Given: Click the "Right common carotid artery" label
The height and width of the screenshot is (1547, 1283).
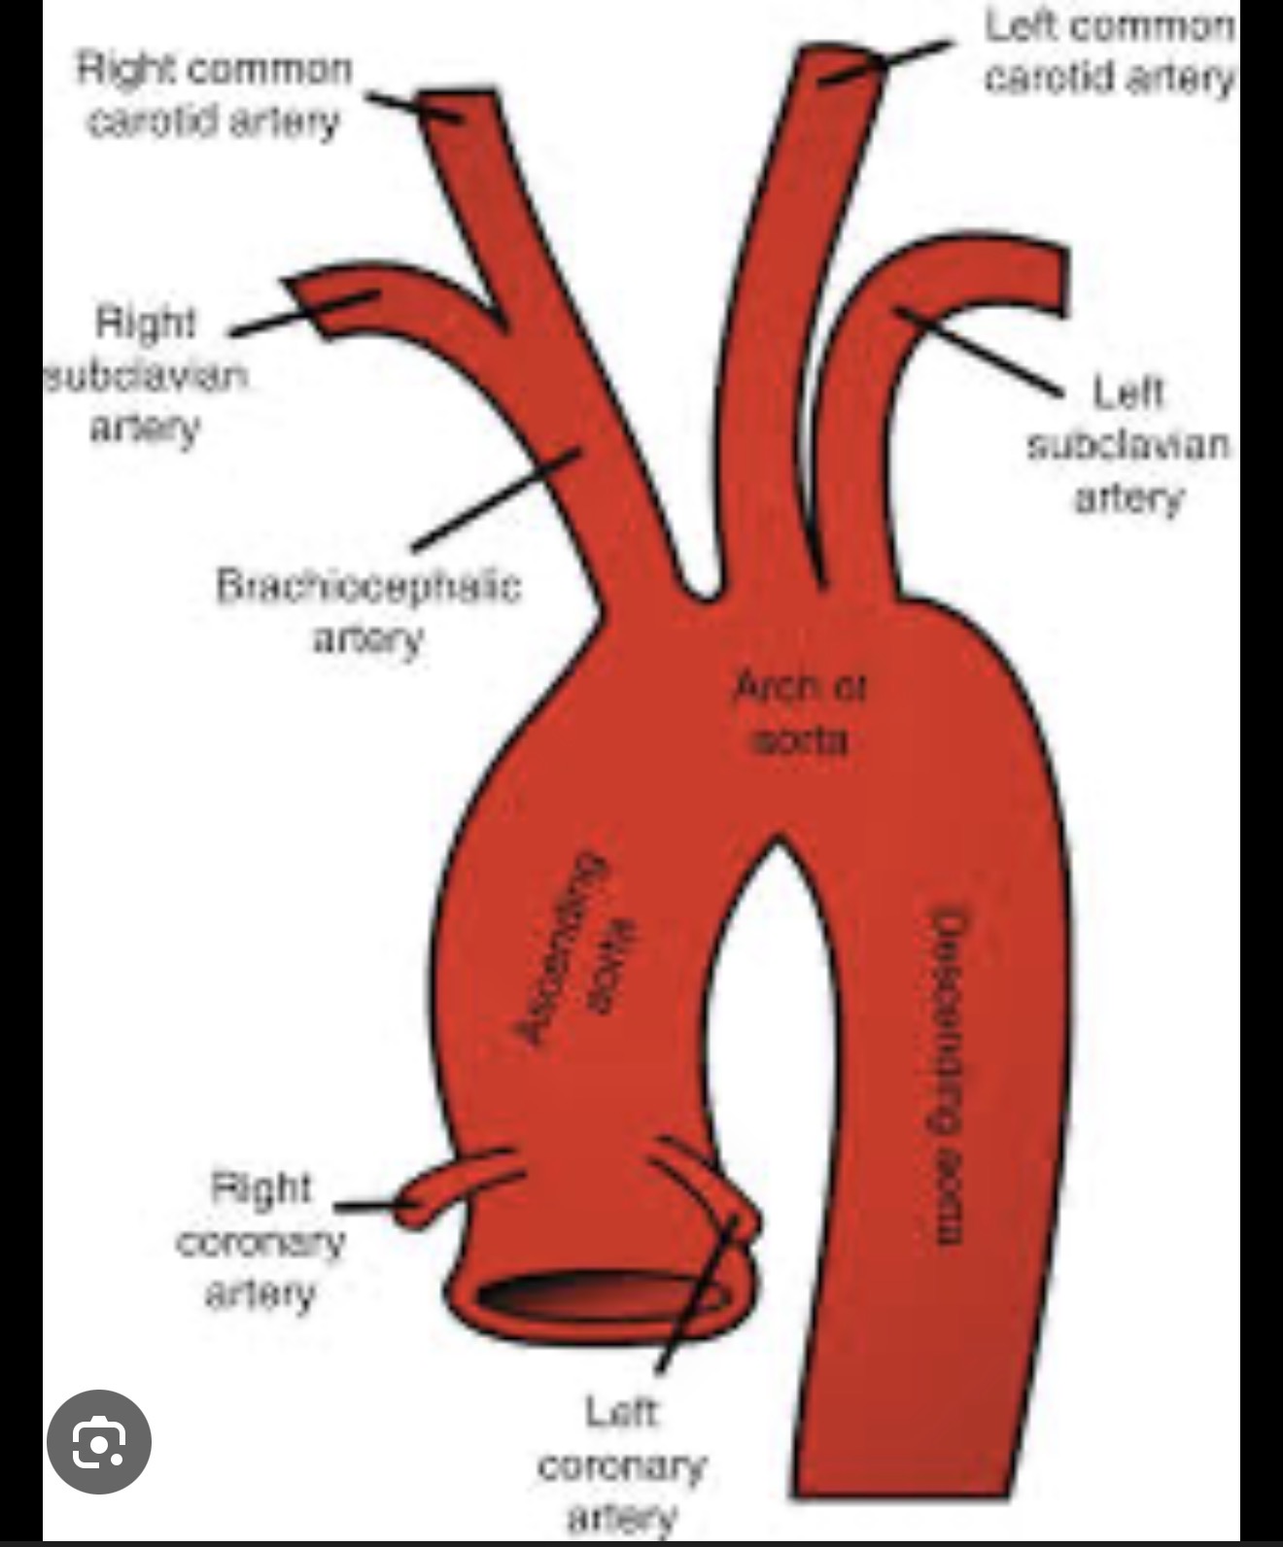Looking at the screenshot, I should (214, 95).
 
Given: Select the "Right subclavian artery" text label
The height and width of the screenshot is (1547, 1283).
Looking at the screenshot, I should (146, 374).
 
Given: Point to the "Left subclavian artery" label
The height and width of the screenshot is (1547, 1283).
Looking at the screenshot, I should (1128, 444).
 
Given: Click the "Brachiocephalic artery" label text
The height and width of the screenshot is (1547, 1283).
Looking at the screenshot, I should (368, 611).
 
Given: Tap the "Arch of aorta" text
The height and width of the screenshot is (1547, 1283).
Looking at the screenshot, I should (799, 713).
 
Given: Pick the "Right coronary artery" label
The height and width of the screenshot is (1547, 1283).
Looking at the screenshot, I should (260, 1240).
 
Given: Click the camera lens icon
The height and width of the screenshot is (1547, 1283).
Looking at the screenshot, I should (99, 1442).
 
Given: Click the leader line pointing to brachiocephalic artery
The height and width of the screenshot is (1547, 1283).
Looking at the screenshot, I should (496, 500).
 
